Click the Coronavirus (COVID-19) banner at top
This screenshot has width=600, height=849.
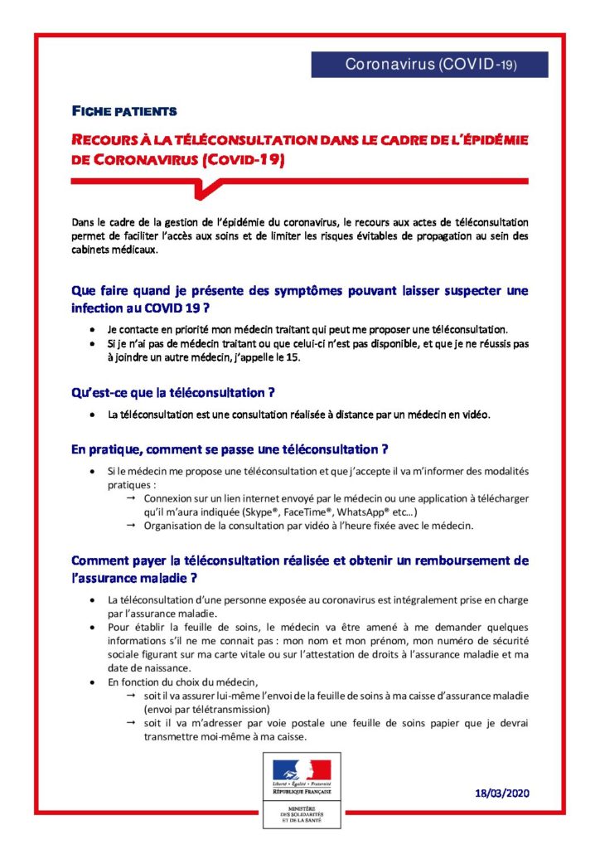[429, 65]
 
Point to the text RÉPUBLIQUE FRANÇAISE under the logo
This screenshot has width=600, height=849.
[301, 793]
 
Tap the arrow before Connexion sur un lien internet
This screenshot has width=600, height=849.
[131, 497]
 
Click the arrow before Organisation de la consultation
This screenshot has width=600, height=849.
[131, 526]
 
